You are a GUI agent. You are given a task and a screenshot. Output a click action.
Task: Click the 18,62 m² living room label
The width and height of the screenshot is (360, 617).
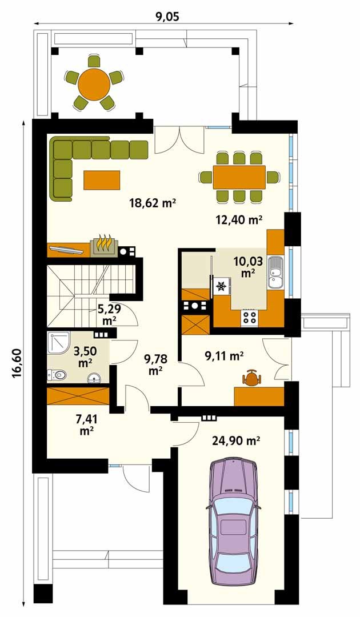point(152,203)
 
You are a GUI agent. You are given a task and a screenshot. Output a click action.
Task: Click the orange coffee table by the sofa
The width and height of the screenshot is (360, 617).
point(102,179)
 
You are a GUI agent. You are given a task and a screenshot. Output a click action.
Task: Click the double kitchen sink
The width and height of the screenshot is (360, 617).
point(275,273)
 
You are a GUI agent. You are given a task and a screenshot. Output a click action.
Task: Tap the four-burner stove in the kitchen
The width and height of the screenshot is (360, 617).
point(250,318)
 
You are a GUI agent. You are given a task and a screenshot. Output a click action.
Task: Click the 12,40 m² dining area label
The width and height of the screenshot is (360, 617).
point(239,219)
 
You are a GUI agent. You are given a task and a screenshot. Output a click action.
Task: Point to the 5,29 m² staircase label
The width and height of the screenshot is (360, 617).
point(108,314)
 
